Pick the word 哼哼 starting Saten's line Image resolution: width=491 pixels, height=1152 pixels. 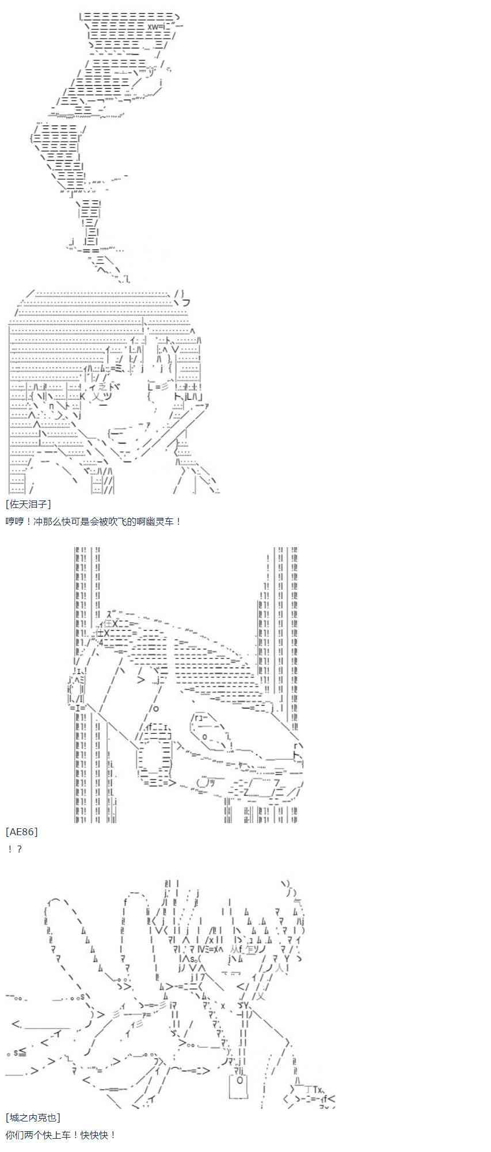click(x=14, y=521)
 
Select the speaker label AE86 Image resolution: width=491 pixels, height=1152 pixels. click(x=22, y=832)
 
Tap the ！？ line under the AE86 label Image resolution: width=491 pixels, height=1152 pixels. click(x=15, y=849)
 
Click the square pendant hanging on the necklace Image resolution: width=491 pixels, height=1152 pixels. click(x=238, y=1085)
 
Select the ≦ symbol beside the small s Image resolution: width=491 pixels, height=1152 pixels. click(x=21, y=1052)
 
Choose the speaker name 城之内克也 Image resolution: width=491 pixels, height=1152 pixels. click(x=33, y=1117)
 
